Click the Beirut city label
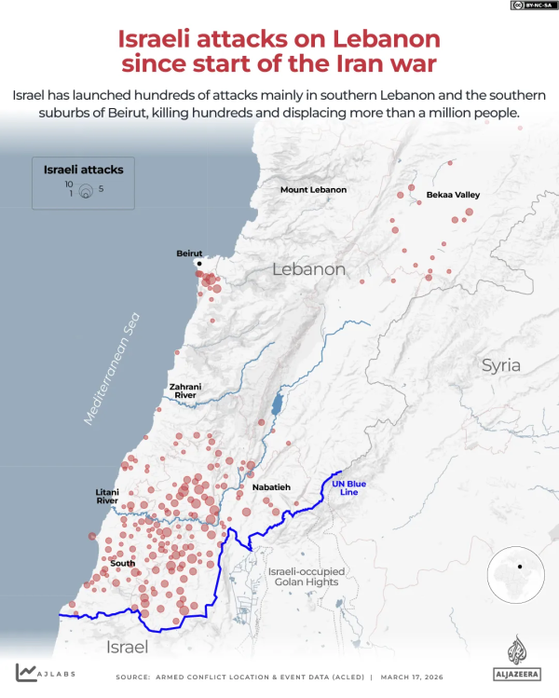(x=189, y=253)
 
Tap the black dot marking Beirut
(x=198, y=264)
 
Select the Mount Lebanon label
(x=313, y=190)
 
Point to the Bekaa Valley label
(x=453, y=195)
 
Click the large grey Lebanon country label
(x=308, y=269)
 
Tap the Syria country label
(x=500, y=365)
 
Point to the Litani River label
(x=107, y=496)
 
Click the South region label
(x=122, y=563)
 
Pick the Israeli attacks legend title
(x=84, y=170)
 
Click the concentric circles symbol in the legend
(x=85, y=191)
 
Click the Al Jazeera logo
(x=515, y=658)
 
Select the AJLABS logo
(x=45, y=672)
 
